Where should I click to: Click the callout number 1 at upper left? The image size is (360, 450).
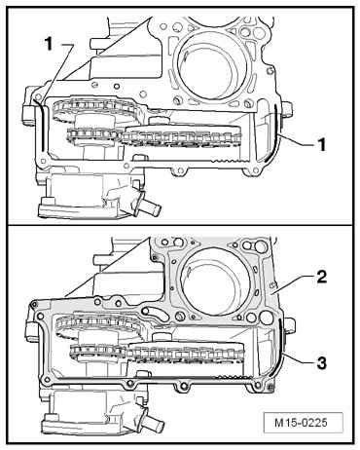[49, 44]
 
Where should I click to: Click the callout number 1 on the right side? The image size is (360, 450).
[321, 144]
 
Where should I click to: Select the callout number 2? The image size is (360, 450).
[321, 277]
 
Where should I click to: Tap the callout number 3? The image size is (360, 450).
[321, 363]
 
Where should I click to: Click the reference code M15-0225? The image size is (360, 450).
[301, 423]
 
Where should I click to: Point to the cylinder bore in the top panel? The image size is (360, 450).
[208, 66]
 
